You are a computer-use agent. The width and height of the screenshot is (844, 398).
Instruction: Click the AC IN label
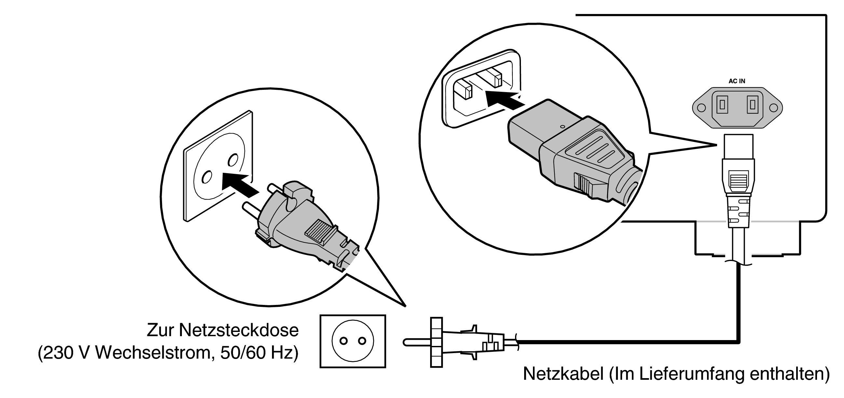click(x=737, y=81)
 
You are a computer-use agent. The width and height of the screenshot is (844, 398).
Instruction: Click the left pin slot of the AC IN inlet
click(x=721, y=104)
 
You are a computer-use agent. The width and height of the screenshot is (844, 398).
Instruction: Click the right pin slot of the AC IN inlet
click(x=753, y=104)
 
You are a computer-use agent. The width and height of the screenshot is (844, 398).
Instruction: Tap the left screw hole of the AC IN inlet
click(x=701, y=108)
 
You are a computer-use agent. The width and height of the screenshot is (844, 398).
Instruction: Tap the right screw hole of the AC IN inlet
click(x=773, y=108)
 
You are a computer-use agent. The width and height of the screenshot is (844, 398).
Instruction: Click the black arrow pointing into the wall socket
click(x=239, y=185)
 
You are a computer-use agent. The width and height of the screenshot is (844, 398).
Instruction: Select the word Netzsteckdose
click(x=238, y=330)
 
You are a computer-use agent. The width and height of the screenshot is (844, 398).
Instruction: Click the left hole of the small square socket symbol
click(x=343, y=341)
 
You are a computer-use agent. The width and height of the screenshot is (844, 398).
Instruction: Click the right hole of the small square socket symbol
click(x=362, y=341)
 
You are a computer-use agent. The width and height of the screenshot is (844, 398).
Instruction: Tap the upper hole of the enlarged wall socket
click(x=233, y=160)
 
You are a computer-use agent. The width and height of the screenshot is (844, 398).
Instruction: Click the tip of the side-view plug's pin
click(x=405, y=342)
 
